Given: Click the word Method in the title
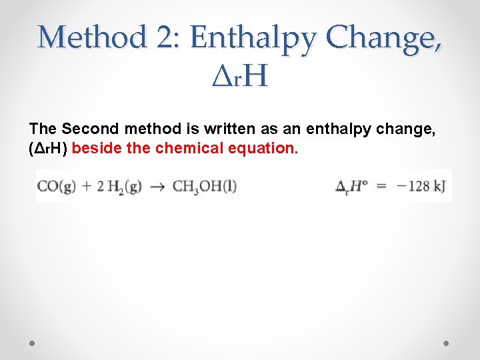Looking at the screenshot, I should (91, 37).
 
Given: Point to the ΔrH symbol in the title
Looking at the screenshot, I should (239, 77).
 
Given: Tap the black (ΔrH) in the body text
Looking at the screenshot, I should (47, 148).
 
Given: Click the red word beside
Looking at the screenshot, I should (97, 148).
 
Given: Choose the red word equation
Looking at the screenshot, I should (263, 148).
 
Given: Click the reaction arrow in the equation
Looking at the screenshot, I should (157, 186).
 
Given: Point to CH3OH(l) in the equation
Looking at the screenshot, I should (205, 186).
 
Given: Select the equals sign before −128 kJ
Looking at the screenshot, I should (381, 186).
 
